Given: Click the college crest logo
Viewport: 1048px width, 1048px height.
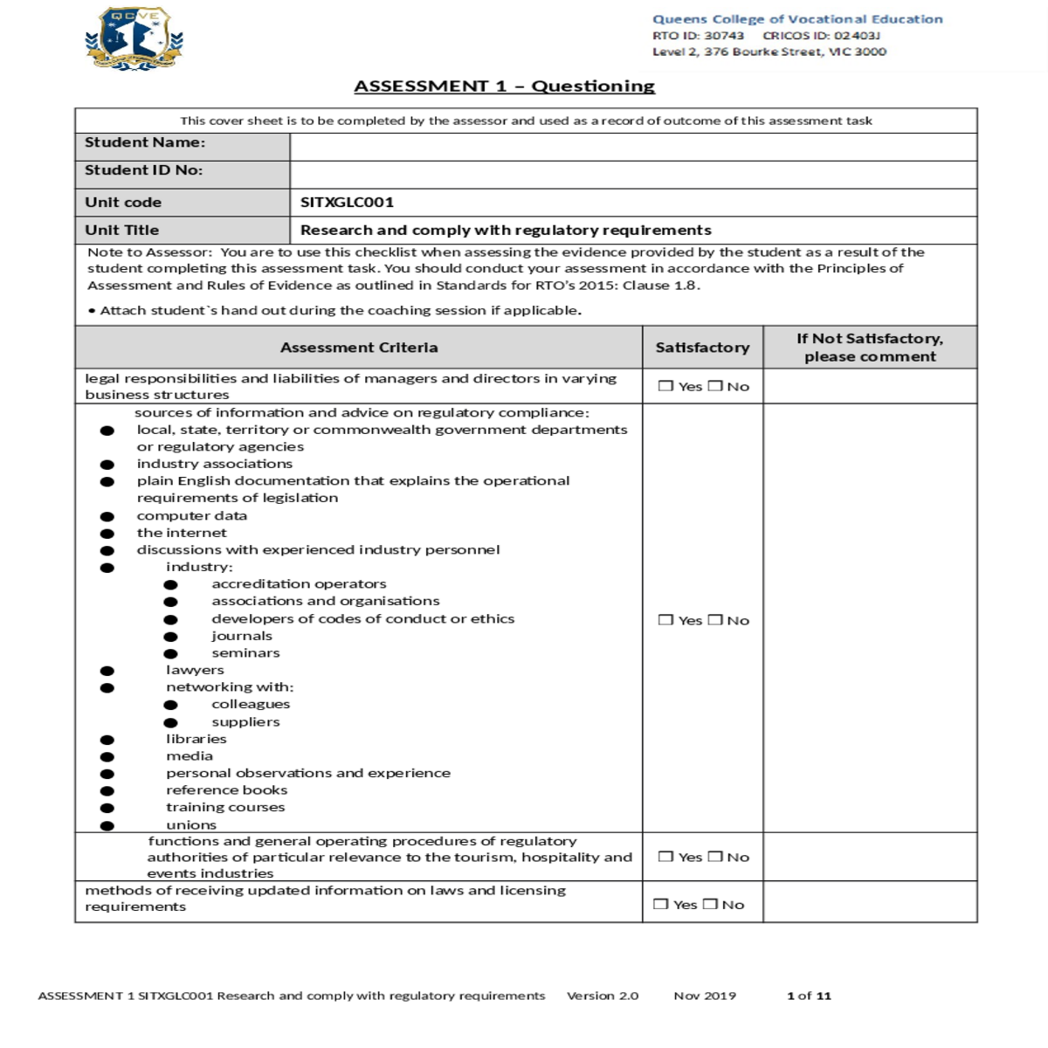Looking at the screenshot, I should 134,39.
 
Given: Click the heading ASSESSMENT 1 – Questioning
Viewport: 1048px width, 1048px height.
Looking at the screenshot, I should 504,86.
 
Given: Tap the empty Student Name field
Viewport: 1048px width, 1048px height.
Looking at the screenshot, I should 632,147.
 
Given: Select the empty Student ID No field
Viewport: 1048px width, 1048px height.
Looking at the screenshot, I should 632,174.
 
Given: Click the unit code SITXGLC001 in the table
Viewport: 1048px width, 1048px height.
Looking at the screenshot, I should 347,203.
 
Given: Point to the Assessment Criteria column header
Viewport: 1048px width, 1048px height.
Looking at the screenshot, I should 359,348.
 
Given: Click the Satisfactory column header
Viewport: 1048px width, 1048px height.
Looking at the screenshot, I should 702,348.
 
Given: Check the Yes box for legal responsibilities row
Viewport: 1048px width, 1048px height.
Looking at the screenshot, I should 665,386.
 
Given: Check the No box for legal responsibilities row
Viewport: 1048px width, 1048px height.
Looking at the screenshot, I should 715,386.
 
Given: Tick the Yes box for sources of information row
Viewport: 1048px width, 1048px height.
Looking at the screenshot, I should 665,620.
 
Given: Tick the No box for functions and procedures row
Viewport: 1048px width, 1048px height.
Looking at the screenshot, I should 715,857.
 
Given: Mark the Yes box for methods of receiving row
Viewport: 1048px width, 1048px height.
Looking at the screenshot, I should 661,905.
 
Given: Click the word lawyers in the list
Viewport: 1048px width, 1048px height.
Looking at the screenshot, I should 195,670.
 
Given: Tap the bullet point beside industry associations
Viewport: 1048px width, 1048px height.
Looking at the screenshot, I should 107,465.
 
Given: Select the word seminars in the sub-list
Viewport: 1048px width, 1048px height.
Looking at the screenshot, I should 245,653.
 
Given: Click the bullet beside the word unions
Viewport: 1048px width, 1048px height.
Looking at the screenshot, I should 107,825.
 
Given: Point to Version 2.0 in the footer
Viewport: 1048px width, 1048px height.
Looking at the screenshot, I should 603,996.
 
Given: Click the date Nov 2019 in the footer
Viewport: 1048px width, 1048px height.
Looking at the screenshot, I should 705,996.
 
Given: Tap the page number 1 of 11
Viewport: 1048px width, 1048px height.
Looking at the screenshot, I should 809,996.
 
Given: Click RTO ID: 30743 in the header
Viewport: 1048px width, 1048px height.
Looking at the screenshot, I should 698,36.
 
